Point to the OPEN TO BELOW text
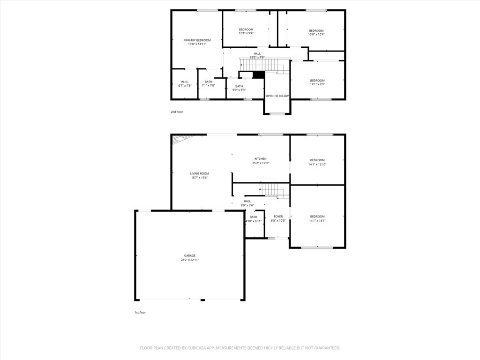click(x=277, y=96)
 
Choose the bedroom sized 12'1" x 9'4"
click(x=246, y=31)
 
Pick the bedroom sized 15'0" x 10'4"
click(x=316, y=32)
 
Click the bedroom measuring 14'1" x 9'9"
click(x=317, y=82)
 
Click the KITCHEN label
click(x=260, y=161)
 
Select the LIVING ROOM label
click(x=199, y=175)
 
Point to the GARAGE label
click(x=190, y=257)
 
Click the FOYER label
click(x=278, y=218)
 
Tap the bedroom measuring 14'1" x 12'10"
click(x=317, y=162)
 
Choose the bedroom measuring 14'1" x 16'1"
click(x=317, y=218)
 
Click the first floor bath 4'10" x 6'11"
click(x=253, y=219)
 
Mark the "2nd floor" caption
click(x=177, y=112)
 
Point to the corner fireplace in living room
click(x=180, y=139)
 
